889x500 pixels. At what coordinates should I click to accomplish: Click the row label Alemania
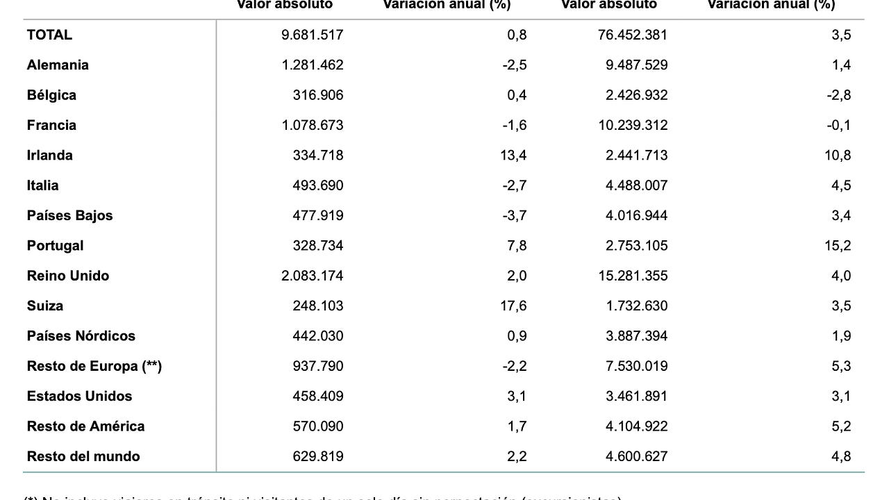[58, 65]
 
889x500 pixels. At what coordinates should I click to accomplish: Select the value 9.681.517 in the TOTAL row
[312, 35]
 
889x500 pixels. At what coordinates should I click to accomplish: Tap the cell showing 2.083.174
[312, 276]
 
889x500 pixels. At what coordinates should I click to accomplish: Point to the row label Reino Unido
[68, 276]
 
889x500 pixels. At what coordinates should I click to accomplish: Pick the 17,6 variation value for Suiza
[513, 306]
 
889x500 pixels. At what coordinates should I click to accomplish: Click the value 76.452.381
[632, 35]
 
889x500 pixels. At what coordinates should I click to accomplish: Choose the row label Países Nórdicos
[81, 336]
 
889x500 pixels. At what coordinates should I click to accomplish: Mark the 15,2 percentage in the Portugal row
[838, 246]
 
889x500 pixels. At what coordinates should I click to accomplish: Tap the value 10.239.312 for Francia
[636, 125]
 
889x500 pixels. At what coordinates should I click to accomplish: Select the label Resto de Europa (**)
[94, 366]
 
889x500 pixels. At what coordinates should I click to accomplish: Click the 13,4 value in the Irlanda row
[513, 156]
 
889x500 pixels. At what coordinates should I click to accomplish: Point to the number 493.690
[317, 185]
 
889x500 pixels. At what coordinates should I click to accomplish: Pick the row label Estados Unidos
[79, 397]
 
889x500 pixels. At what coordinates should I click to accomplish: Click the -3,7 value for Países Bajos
[515, 215]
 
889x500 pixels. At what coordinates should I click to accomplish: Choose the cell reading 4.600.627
[636, 456]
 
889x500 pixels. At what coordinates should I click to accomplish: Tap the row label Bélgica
[51, 95]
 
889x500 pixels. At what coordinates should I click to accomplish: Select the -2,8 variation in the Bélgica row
[839, 95]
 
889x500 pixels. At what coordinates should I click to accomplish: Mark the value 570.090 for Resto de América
[317, 426]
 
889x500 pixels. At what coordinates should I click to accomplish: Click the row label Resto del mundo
[83, 456]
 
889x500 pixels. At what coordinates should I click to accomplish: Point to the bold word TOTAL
[49, 35]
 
